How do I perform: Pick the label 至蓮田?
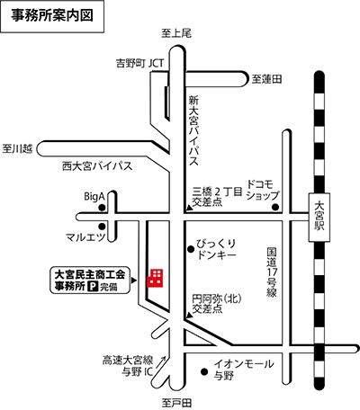point(266,80)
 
